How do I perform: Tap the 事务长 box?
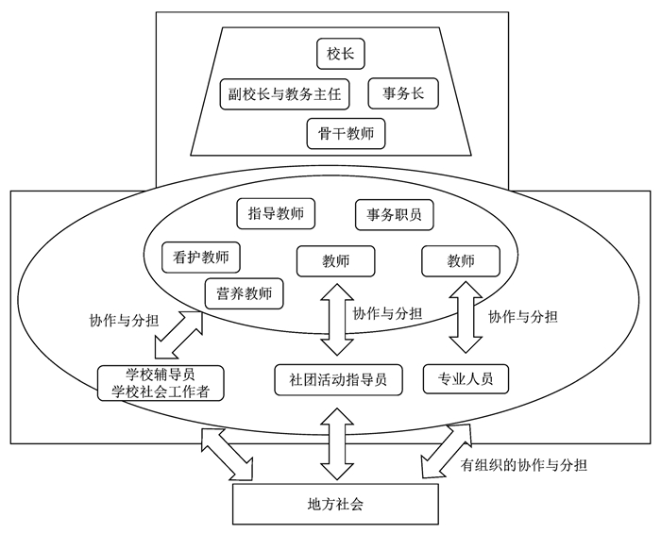(x=403, y=93)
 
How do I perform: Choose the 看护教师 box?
(x=201, y=256)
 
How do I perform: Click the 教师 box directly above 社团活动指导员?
(x=335, y=260)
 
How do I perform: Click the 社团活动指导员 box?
(x=339, y=378)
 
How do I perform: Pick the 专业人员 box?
(x=466, y=378)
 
